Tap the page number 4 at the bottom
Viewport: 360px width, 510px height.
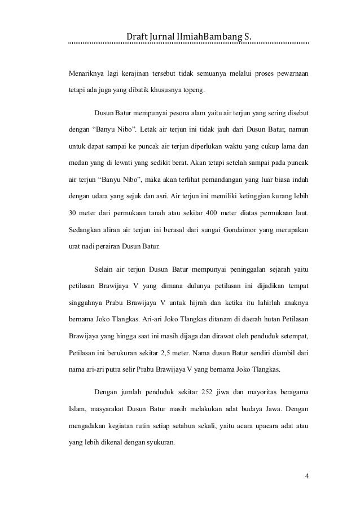click(x=306, y=475)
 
